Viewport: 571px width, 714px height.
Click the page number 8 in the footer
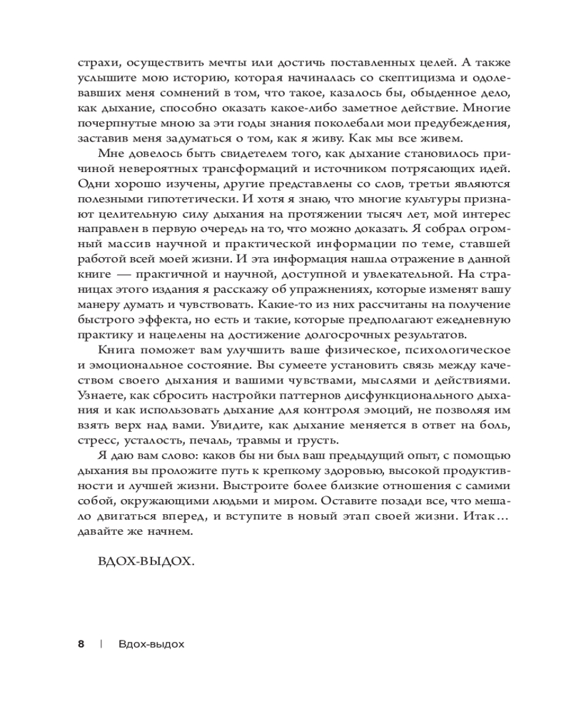pos(81,643)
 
